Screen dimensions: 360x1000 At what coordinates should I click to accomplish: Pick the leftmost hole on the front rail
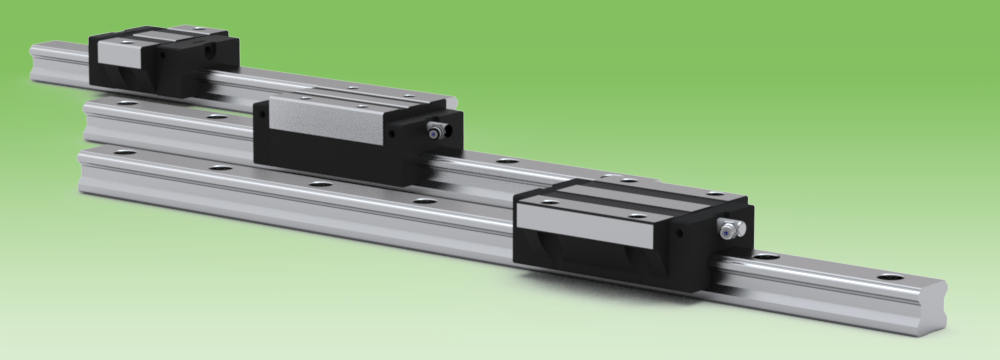click(123, 152)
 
